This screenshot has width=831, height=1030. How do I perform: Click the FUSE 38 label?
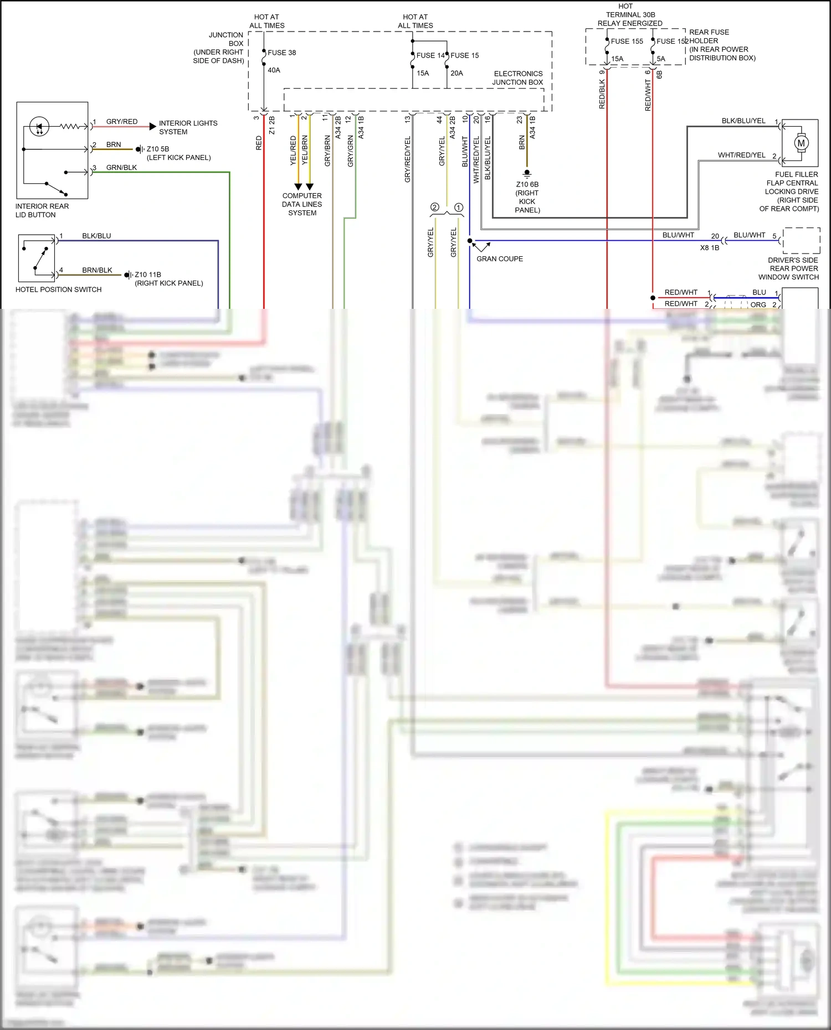click(281, 53)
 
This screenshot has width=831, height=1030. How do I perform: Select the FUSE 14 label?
click(430, 55)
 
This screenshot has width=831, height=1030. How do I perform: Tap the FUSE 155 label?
click(627, 41)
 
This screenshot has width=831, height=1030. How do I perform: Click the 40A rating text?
click(274, 70)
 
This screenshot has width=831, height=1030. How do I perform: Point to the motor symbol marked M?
click(801, 143)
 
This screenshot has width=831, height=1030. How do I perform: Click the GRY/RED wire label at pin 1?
click(122, 121)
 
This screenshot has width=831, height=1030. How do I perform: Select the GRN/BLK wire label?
click(121, 167)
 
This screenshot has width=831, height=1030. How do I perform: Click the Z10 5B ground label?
click(157, 149)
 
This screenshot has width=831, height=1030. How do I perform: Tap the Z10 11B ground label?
click(148, 275)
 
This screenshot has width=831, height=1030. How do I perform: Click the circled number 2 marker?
click(435, 207)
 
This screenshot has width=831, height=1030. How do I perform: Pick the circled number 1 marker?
click(459, 207)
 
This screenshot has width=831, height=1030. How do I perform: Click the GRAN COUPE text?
click(499, 258)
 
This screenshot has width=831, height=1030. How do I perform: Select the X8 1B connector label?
click(709, 247)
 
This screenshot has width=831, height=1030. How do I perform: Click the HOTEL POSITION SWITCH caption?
click(58, 289)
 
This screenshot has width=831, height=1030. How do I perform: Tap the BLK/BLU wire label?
click(96, 236)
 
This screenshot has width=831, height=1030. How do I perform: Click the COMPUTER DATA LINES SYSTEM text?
click(302, 204)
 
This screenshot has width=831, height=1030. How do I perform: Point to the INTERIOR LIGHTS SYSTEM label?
click(188, 127)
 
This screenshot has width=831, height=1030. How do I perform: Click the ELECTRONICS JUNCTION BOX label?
click(518, 78)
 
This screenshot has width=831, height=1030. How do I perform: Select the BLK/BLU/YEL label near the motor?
click(743, 121)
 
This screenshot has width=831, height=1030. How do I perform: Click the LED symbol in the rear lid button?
click(39, 126)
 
